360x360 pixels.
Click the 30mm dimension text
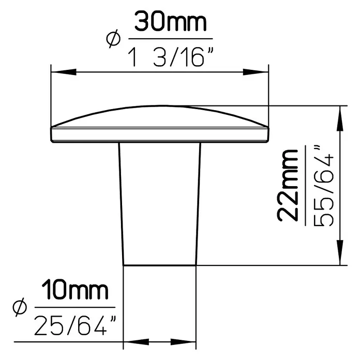click(170, 21)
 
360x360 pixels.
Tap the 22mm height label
click(288, 185)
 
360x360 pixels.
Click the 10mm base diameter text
click(74, 290)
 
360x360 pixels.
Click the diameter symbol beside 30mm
click(113, 39)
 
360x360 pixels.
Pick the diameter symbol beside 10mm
click(20, 307)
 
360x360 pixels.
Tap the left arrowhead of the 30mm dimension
click(64, 72)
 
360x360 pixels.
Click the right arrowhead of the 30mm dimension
click(256, 72)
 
